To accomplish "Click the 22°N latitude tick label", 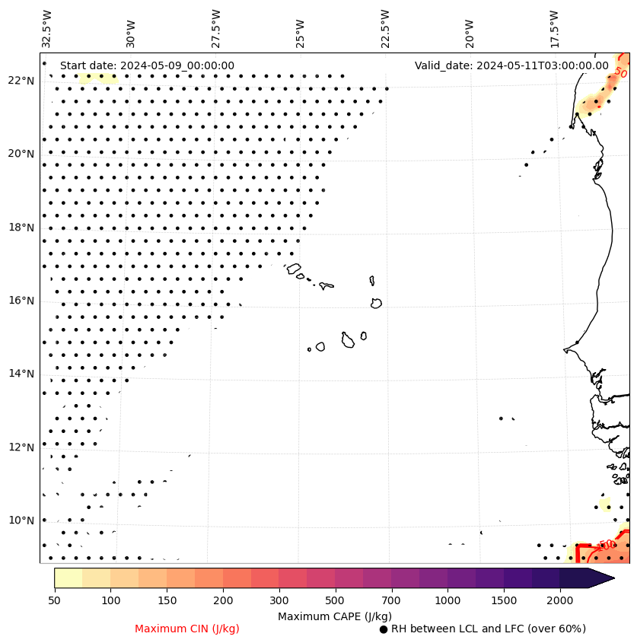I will coord(21,81).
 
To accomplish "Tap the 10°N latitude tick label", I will coord(21,520).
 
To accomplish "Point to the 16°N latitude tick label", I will coord(21,301).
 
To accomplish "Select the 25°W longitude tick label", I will coord(300,29).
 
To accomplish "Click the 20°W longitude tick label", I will coord(470,29).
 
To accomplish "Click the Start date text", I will coord(147,66).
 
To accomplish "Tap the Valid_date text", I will coord(511,66).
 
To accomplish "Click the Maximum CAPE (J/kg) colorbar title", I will coord(335,616).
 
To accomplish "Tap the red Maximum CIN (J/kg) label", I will coord(187,629).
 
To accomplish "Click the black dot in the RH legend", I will coord(384,629).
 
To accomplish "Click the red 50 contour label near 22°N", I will coord(620,74).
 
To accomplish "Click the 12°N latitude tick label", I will coord(21,447).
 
